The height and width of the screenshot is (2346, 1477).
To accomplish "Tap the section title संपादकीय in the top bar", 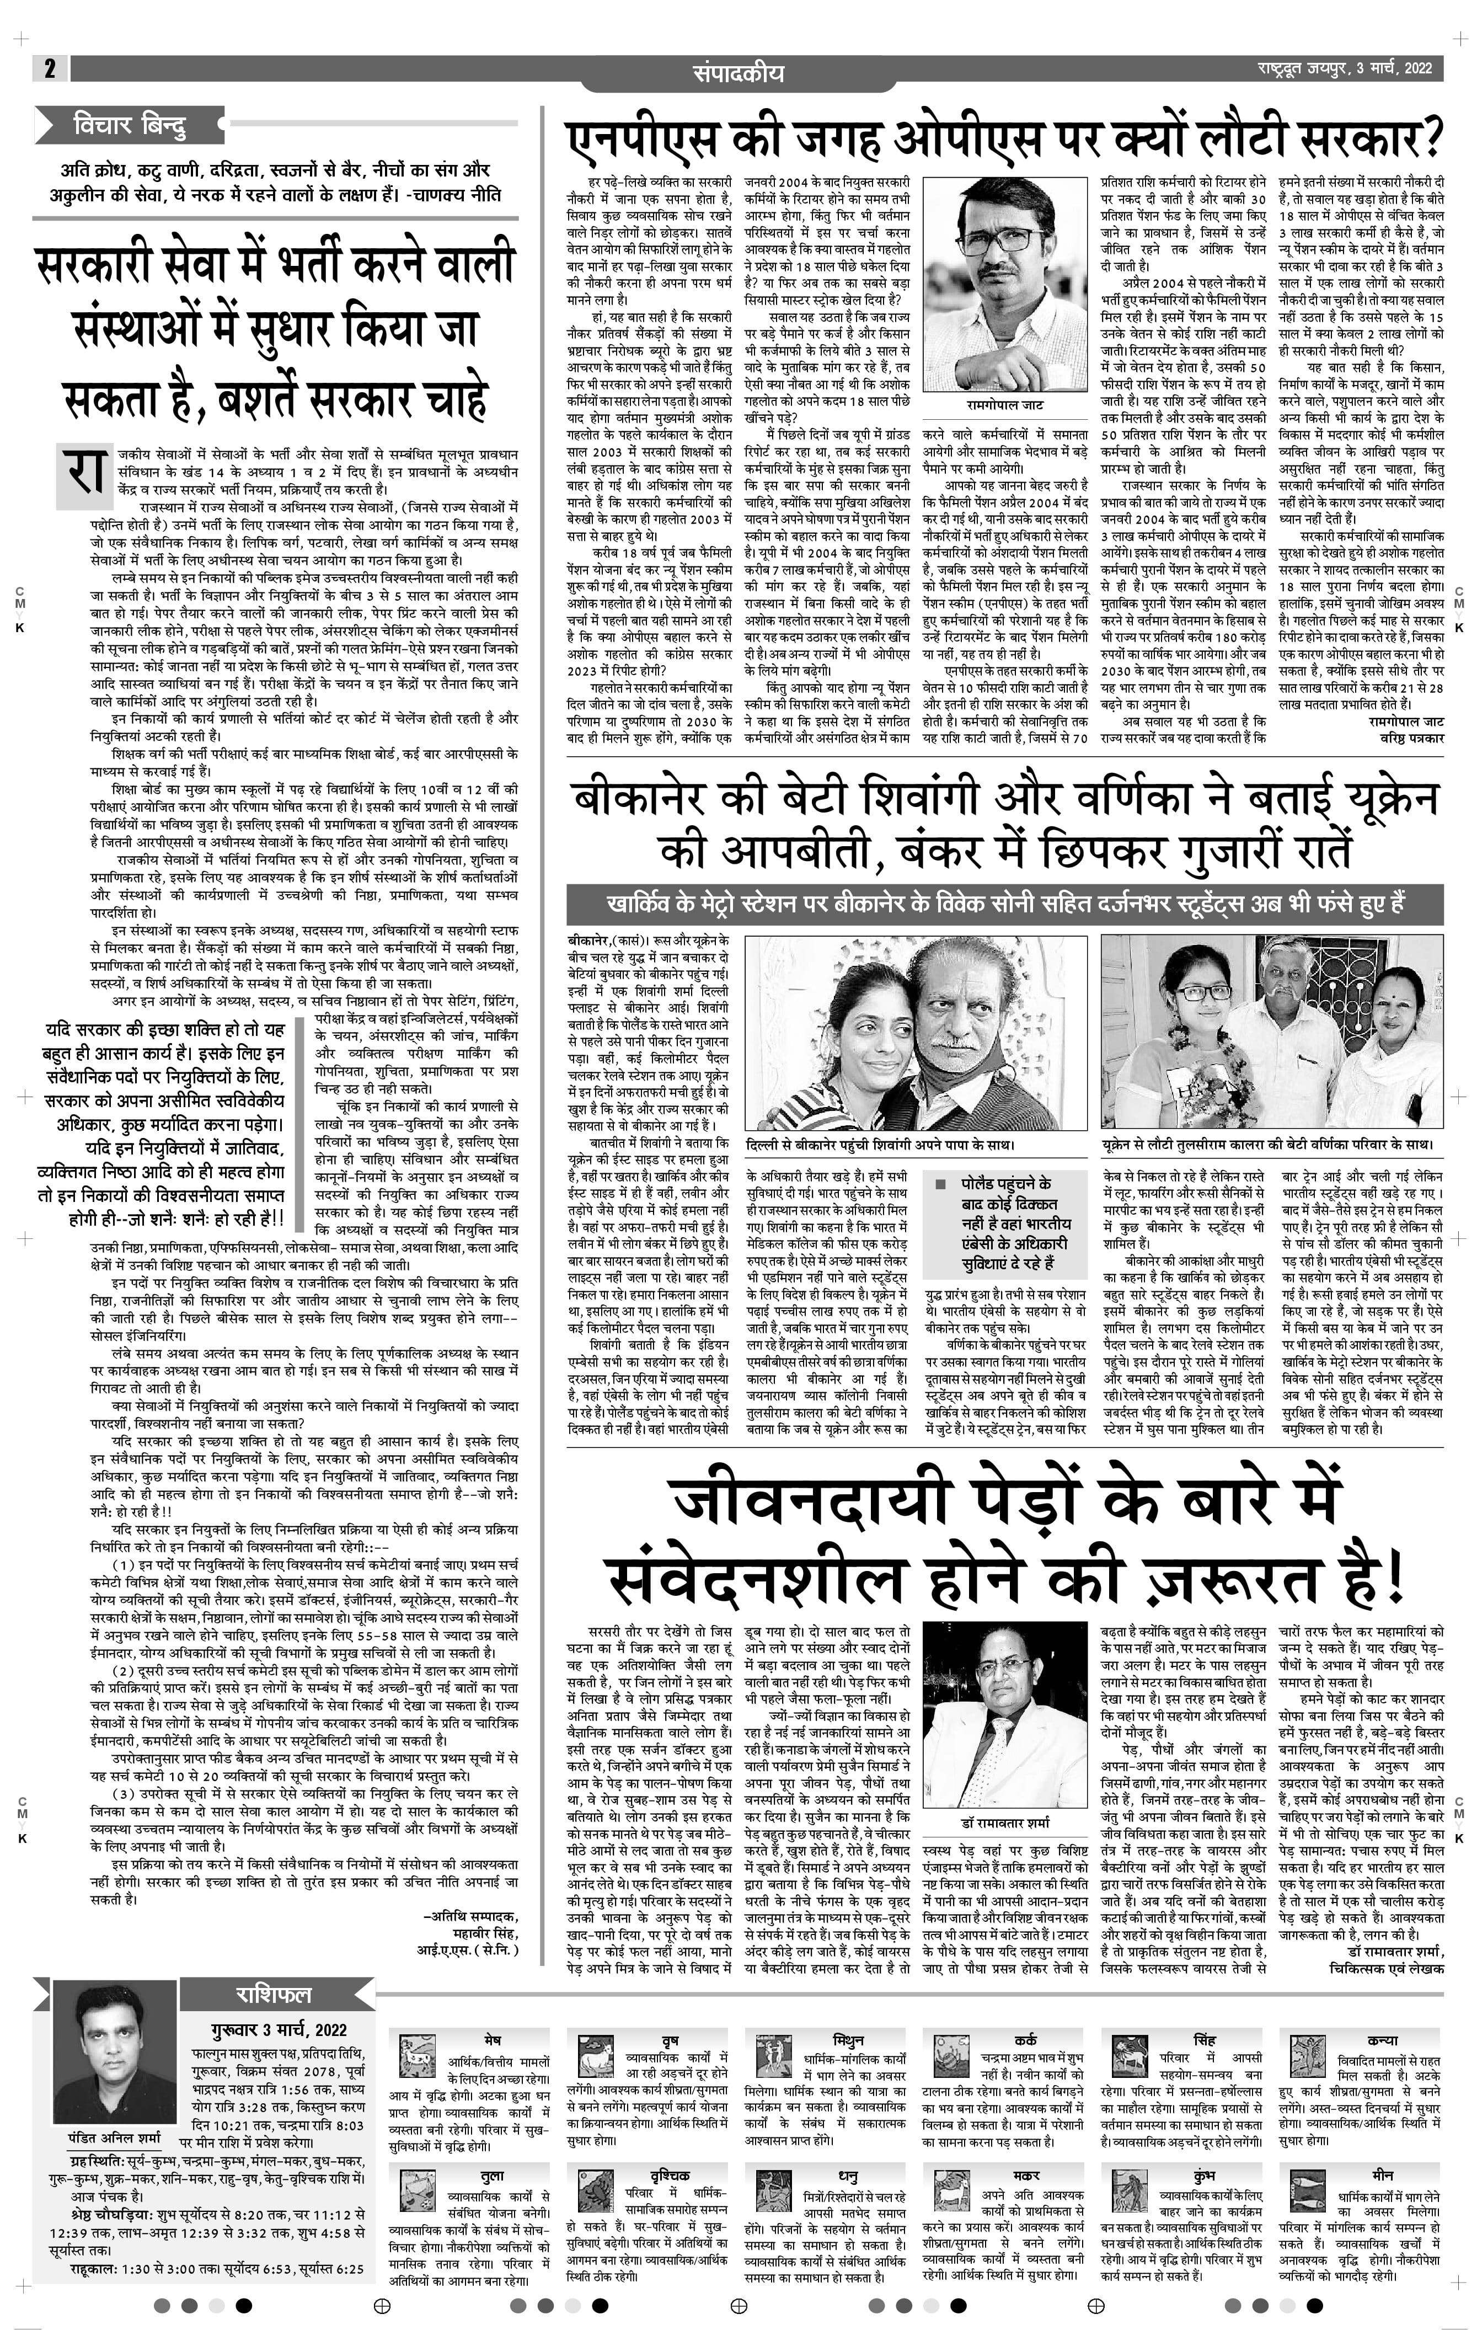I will click(739, 72).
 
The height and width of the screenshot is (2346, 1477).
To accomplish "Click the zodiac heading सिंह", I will click(1204, 2039).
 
